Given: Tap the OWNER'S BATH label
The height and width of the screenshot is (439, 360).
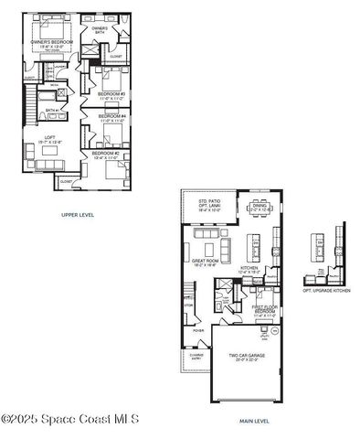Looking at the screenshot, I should click(x=100, y=30).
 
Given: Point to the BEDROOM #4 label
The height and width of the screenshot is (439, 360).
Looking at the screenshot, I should click(x=111, y=118).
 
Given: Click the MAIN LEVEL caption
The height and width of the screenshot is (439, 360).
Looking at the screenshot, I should click(x=254, y=421).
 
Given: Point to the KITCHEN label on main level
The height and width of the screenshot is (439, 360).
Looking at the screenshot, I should click(x=249, y=269).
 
